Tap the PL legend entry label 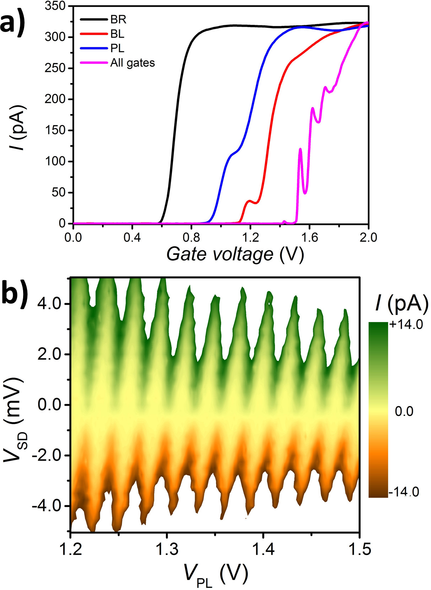[117, 48]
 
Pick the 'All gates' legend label [133, 63]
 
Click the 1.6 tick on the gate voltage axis [309, 237]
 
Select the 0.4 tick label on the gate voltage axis [132, 237]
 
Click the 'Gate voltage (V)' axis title [235, 254]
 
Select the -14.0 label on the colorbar [404, 492]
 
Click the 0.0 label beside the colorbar [404, 411]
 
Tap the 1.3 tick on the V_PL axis [167, 550]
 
